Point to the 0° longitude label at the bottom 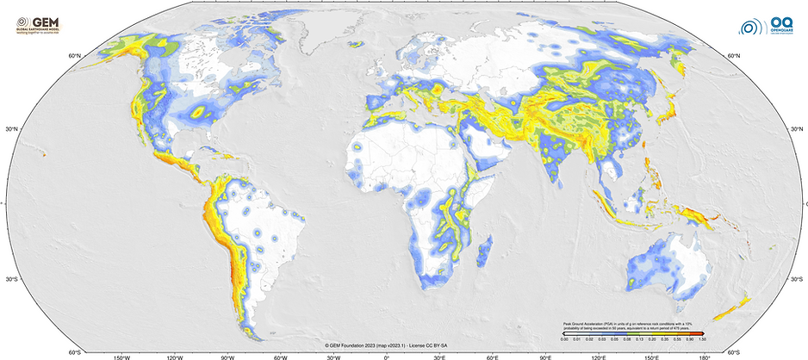click(x=386, y=355)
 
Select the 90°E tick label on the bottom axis click(x=544, y=355)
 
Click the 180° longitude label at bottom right click(x=704, y=355)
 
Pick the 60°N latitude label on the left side click(x=74, y=56)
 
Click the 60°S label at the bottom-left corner click(x=75, y=351)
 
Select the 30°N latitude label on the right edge click(x=798, y=130)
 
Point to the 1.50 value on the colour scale click(x=702, y=340)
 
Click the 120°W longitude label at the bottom click(x=175, y=355)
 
